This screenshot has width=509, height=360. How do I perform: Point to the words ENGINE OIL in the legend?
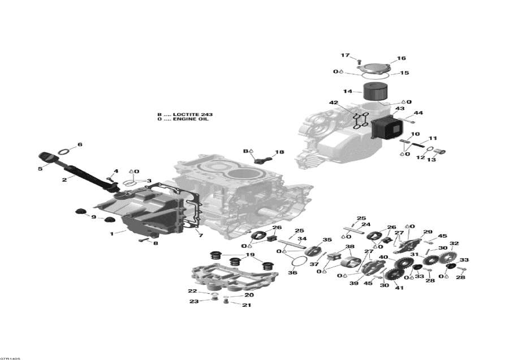(191, 119)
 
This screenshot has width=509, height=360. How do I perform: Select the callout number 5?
(40, 168)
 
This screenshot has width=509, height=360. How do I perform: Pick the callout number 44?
(418, 113)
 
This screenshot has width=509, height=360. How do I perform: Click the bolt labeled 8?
(143, 241)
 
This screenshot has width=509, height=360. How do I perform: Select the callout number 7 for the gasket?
(200, 235)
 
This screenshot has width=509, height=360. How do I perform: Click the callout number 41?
(399, 288)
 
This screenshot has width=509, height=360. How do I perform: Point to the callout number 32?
(454, 244)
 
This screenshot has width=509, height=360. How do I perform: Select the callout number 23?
(193, 301)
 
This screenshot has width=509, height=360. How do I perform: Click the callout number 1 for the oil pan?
(111, 233)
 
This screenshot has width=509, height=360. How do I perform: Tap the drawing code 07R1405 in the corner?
(10, 357)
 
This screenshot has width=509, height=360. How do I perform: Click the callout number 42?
(334, 102)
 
